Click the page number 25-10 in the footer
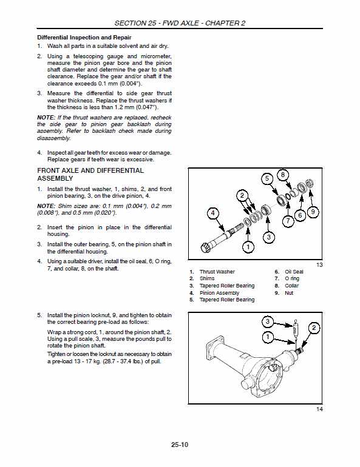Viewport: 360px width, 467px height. coord(180,445)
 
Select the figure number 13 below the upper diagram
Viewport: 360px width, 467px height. coord(319,265)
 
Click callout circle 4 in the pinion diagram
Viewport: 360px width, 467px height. coord(212,213)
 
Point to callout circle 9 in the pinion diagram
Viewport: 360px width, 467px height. coord(313,212)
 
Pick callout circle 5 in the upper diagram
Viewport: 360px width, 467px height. coord(266,179)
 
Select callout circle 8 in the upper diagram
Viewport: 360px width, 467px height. coord(282,175)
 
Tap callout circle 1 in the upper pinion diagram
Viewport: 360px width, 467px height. coord(248,246)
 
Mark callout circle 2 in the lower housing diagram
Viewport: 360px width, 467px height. coord(314,328)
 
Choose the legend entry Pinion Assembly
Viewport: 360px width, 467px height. coord(219,293)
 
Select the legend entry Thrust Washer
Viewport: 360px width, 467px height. coord(217,272)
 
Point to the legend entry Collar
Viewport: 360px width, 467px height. coord(291,286)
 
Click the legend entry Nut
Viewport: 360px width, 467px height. coord(289,293)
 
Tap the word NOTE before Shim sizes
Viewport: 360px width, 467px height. coord(46,206)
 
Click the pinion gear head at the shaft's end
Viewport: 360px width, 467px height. coord(205,247)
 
